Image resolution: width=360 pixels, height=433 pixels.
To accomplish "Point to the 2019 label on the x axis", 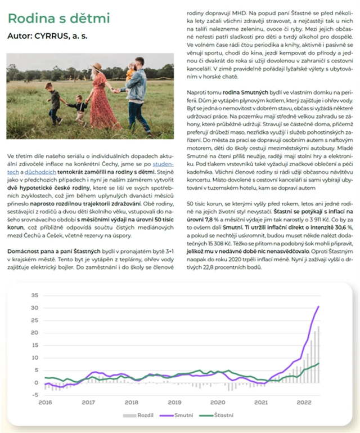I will [174, 403].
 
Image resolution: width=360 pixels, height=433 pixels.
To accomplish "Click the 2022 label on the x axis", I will [304, 403].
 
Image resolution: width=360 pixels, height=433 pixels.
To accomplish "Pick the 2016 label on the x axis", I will [45, 403].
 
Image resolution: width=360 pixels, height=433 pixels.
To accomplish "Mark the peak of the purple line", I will [318, 307].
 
